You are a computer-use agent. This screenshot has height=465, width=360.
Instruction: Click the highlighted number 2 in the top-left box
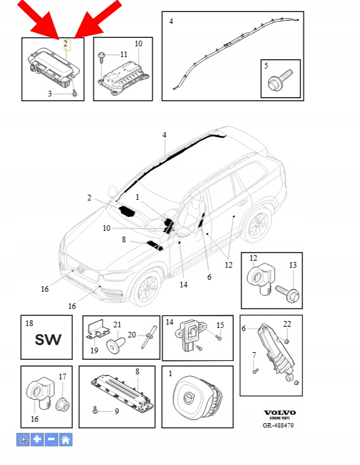tap(66, 44)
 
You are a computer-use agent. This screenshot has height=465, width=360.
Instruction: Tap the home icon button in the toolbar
tap(66, 439)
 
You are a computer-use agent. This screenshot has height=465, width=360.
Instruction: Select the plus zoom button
tap(37, 439)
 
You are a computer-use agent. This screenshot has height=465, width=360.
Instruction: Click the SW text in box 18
tap(48, 340)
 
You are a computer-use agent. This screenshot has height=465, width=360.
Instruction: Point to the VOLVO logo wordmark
tap(280, 412)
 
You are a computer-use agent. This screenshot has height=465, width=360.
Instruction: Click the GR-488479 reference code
tap(278, 425)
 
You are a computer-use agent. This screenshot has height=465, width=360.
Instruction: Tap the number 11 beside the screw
tap(124, 55)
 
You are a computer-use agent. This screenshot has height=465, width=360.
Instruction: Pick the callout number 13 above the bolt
tap(293, 265)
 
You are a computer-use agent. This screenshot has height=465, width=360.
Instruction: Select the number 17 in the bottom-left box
tap(62, 377)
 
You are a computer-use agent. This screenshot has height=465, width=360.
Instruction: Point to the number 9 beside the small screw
tap(117, 411)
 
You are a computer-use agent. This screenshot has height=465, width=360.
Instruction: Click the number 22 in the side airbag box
tap(287, 324)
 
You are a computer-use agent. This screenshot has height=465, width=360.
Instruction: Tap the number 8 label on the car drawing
tap(124, 239)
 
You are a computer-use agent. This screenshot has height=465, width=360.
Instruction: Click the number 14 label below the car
tap(183, 285)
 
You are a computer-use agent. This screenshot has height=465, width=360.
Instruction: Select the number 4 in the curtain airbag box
tap(171, 22)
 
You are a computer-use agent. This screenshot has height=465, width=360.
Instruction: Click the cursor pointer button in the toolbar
tap(23, 439)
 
